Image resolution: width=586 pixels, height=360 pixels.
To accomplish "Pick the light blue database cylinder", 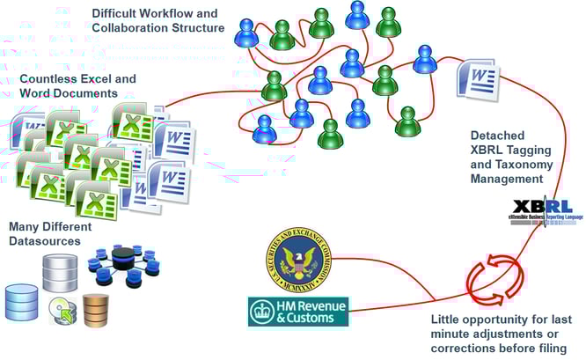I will click(x=22, y=302).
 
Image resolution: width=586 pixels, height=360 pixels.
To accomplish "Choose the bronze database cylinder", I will click(x=95, y=308).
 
